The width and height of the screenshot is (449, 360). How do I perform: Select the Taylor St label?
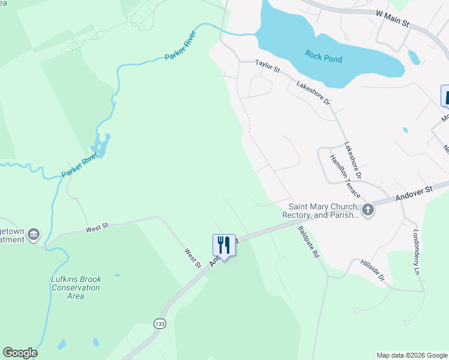click(x=268, y=65)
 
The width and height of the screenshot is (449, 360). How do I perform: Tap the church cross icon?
click(x=367, y=209)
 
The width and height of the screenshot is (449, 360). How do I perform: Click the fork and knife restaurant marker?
click(x=224, y=245)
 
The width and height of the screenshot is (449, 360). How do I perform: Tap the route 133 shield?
click(x=160, y=323)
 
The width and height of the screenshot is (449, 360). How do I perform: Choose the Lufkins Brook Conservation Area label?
click(x=75, y=287)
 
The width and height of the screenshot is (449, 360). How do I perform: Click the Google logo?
click(x=20, y=353)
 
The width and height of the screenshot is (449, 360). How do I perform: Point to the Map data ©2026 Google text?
click(x=412, y=355)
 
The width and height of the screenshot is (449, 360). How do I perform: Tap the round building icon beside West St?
click(x=34, y=233)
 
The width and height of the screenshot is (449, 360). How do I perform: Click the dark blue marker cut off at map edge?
click(x=445, y=96)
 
